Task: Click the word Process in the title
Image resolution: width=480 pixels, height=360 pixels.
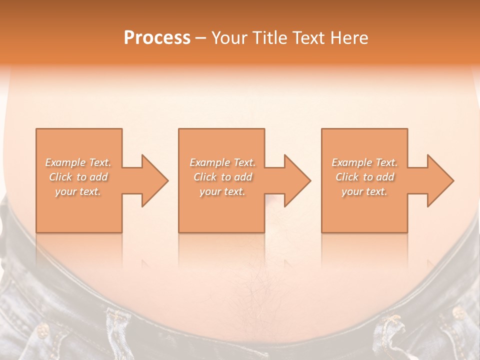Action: pyautogui.click(x=157, y=38)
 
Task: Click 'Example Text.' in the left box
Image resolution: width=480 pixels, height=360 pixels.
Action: pyautogui.click(x=78, y=162)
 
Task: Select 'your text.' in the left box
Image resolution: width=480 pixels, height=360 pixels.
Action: pyautogui.click(x=78, y=191)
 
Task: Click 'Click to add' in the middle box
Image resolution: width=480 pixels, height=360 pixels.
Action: pyautogui.click(x=222, y=177)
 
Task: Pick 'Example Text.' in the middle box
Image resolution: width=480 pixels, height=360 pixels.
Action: pyautogui.click(x=222, y=162)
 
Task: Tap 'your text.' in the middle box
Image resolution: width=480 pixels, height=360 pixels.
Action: pyautogui.click(x=222, y=191)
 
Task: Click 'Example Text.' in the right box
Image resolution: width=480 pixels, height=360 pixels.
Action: pyautogui.click(x=364, y=162)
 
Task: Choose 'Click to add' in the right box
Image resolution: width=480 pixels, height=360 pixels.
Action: pyautogui.click(x=364, y=177)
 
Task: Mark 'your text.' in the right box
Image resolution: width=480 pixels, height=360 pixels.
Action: pyautogui.click(x=364, y=191)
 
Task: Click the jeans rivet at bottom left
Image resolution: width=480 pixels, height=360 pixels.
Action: pyautogui.click(x=43, y=329)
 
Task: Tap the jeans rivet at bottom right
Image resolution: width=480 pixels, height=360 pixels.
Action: pyautogui.click(x=458, y=313)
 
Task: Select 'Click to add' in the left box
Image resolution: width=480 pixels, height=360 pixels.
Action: pyautogui.click(x=78, y=177)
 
